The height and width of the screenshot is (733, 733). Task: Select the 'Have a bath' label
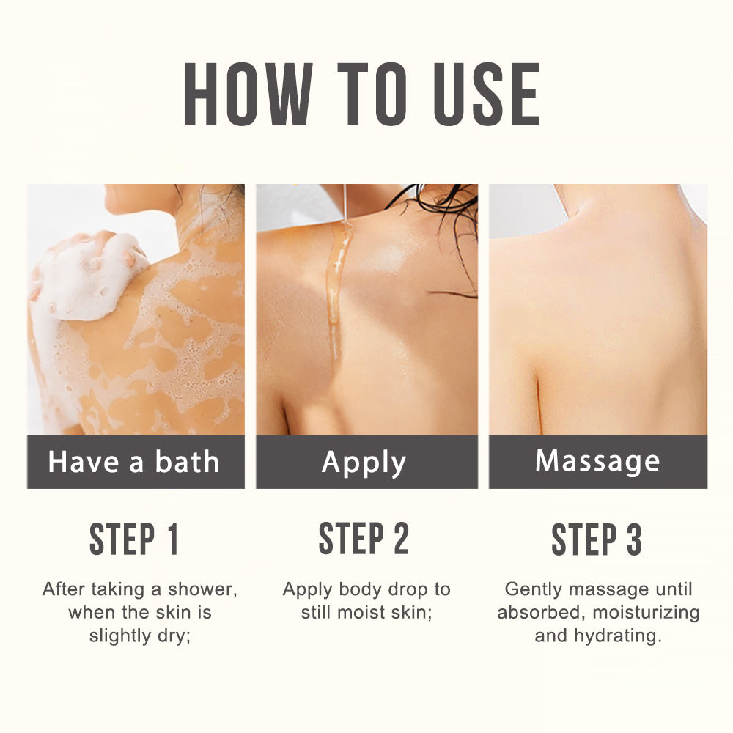[x=134, y=463]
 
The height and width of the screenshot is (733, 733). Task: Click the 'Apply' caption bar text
[x=364, y=463]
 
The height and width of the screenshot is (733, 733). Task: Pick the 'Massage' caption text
[x=597, y=461]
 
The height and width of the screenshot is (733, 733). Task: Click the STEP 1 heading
[x=134, y=539]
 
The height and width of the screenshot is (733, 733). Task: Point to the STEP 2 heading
[x=364, y=539]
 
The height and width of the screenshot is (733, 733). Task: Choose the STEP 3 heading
[x=597, y=539]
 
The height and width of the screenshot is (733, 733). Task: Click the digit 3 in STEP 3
[x=634, y=539]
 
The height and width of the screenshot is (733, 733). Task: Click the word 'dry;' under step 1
[x=176, y=636]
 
